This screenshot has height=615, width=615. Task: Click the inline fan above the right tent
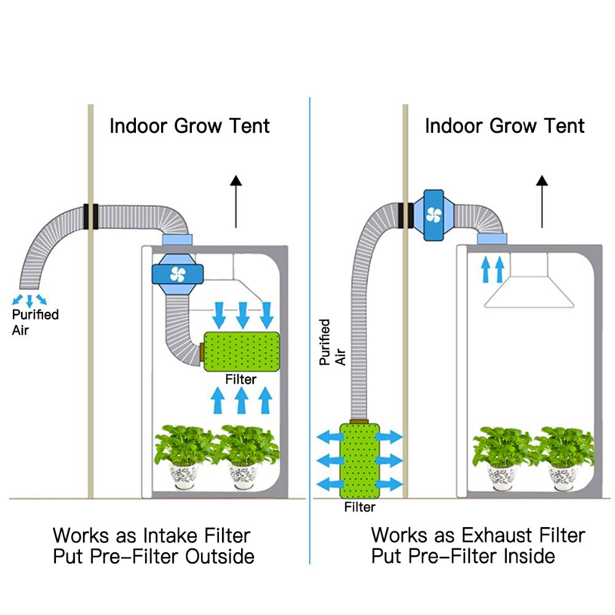[433, 215]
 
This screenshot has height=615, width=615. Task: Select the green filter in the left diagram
[241, 351]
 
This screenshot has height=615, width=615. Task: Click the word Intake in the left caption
[179, 534]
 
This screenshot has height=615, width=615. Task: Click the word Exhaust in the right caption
[503, 534]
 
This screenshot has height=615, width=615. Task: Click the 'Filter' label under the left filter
[240, 379]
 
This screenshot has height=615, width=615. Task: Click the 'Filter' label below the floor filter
[360, 507]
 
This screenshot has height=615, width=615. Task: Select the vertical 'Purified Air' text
[332, 342]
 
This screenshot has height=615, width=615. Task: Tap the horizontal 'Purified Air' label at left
[36, 322]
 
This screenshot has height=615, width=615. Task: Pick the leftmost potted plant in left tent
[184, 456]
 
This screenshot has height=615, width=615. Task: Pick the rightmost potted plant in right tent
[564, 456]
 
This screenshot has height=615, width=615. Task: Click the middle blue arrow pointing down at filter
[242, 315]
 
